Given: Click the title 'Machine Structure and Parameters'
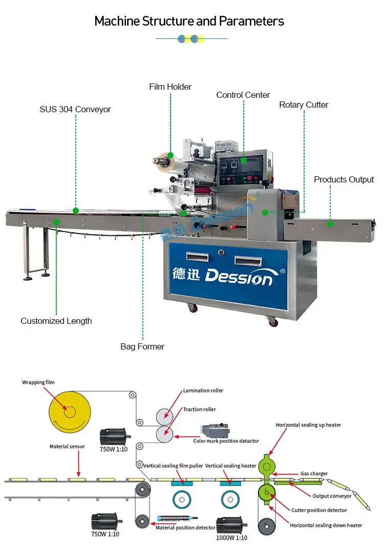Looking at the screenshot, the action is pyautogui.click(x=189, y=21).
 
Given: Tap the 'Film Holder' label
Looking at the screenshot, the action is pyautogui.click(x=170, y=87).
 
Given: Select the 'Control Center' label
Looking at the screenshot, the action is pyautogui.click(x=243, y=95).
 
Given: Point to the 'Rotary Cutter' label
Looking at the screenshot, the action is pyautogui.click(x=304, y=105).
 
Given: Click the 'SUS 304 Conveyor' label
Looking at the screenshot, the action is pyautogui.click(x=75, y=109).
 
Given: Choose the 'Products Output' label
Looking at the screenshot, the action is pyautogui.click(x=344, y=179).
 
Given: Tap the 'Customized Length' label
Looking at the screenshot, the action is pyautogui.click(x=56, y=321).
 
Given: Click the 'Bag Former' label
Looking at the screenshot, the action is pyautogui.click(x=142, y=346).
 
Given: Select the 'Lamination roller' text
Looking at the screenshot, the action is pyautogui.click(x=203, y=390).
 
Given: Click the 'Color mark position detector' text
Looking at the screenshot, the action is pyautogui.click(x=226, y=441).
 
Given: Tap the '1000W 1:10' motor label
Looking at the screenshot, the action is pyautogui.click(x=231, y=538).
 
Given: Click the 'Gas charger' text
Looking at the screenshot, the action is pyautogui.click(x=314, y=474).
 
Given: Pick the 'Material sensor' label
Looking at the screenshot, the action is pyautogui.click(x=67, y=446).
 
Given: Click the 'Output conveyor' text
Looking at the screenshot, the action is pyautogui.click(x=332, y=496).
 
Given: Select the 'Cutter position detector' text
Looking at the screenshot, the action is pyautogui.click(x=319, y=510).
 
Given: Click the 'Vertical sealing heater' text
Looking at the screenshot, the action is pyautogui.click(x=230, y=466).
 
